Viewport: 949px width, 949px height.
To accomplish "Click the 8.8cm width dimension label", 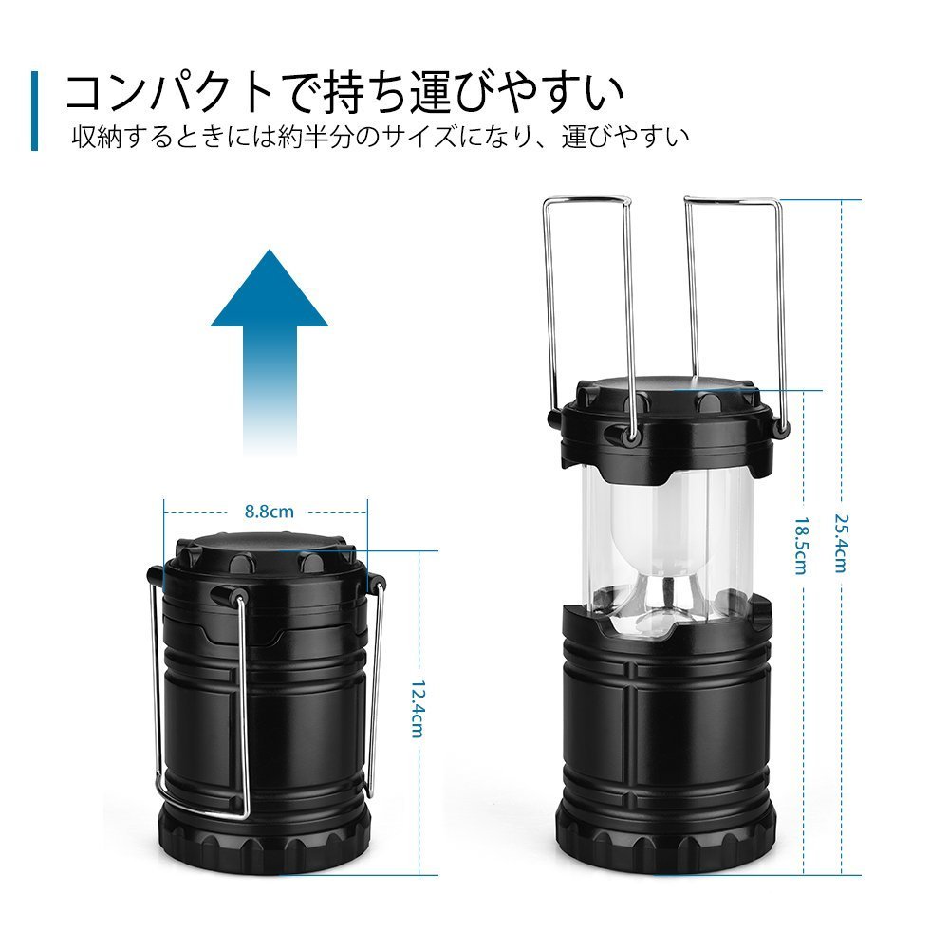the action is pos(269,512).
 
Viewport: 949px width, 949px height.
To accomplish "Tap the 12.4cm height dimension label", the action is pos(418,709).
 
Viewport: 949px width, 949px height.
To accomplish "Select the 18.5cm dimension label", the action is pos(801,546).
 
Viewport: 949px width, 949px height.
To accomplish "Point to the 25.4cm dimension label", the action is pos(841,543).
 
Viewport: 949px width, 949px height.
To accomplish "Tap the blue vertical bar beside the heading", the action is pos(34,111).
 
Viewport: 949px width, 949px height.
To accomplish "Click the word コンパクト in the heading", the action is pos(170,93).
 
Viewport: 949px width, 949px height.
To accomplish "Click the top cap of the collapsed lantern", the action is pos(267,550).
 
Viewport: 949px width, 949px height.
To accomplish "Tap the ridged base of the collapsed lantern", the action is pos(265,840).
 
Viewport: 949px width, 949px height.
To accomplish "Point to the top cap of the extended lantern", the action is pos(667,423).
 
